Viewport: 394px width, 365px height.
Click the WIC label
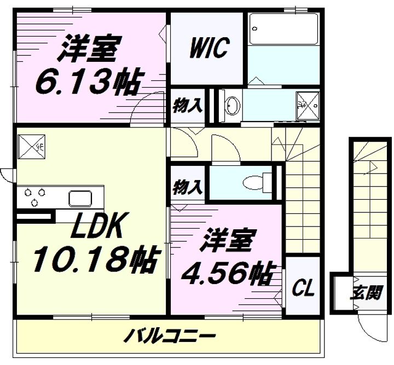pos(208,49)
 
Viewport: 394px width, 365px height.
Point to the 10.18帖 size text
pos(95,259)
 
